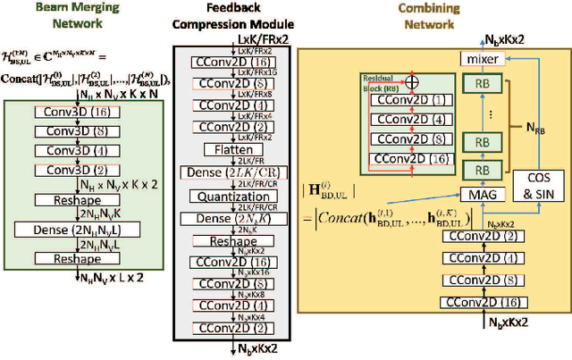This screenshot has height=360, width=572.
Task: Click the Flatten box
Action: point(214,149)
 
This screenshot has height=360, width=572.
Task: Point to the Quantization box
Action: point(214,195)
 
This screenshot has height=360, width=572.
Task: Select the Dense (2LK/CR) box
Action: point(214,172)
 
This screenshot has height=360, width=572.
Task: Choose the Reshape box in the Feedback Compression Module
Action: point(214,241)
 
